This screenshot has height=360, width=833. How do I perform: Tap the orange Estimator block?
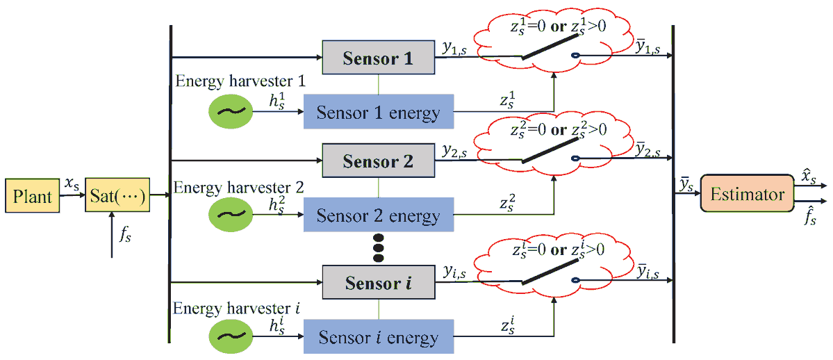pyautogui.click(x=747, y=195)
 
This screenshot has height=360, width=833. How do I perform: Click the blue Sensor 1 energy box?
pyautogui.click(x=378, y=111)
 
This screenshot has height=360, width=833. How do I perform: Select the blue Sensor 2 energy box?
pyautogui.click(x=378, y=215)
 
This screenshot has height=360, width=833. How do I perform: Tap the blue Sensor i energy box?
pyautogui.click(x=378, y=338)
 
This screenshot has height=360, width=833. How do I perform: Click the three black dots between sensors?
pyautogui.click(x=378, y=248)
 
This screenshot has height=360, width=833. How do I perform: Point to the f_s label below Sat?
pyautogui.click(x=125, y=235)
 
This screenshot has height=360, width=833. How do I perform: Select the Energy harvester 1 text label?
pyautogui.click(x=236, y=81)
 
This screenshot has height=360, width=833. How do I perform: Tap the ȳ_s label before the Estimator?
pyautogui.click(x=686, y=184)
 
